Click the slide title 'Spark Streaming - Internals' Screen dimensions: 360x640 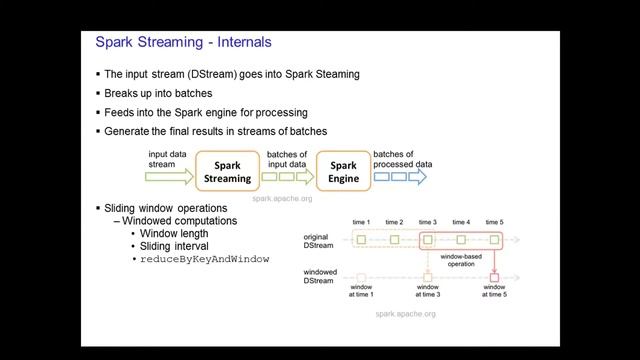[182, 43]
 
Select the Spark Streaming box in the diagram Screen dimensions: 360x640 [228, 172]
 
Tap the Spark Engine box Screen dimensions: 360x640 [343, 172]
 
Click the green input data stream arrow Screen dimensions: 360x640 [170, 178]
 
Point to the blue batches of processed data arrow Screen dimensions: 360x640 [399, 177]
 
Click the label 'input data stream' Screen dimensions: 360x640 [168, 159]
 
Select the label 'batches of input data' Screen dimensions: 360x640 [287, 159]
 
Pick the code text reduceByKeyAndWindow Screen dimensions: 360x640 [205, 259]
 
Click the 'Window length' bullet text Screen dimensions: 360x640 [174, 233]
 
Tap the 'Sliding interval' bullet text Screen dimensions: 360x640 [175, 246]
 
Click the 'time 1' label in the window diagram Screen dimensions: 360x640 [361, 222]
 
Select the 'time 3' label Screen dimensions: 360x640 [428, 222]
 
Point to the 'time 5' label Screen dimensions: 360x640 [494, 222]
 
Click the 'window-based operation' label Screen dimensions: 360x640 [460, 261]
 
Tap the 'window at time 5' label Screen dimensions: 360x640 [494, 291]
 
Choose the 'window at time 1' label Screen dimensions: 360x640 [361, 291]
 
